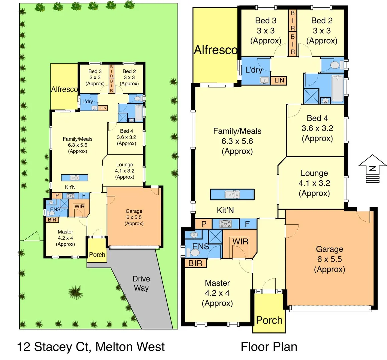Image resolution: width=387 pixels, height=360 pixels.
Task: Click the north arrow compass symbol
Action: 372,168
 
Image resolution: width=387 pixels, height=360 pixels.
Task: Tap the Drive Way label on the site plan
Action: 141,283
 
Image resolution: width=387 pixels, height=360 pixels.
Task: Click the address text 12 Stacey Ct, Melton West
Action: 91,347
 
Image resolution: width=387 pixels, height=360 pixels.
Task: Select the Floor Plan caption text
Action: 269,347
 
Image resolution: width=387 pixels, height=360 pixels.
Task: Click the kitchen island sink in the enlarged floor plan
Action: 232,194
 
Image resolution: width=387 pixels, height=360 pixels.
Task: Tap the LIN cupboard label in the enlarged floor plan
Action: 279,80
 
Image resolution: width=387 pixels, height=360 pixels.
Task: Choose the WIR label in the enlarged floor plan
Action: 240,241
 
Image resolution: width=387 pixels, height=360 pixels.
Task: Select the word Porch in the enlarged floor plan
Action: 269,320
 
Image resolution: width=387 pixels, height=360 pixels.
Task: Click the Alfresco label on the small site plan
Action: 64,89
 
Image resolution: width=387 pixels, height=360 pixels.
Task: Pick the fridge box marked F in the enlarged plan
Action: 247,224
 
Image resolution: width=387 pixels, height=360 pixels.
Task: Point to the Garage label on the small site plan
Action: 134,211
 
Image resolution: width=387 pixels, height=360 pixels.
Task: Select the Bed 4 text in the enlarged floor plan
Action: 317,118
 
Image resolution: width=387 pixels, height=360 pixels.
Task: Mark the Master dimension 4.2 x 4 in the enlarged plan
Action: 217,293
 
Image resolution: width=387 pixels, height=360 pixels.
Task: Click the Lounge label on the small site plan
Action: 125,165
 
